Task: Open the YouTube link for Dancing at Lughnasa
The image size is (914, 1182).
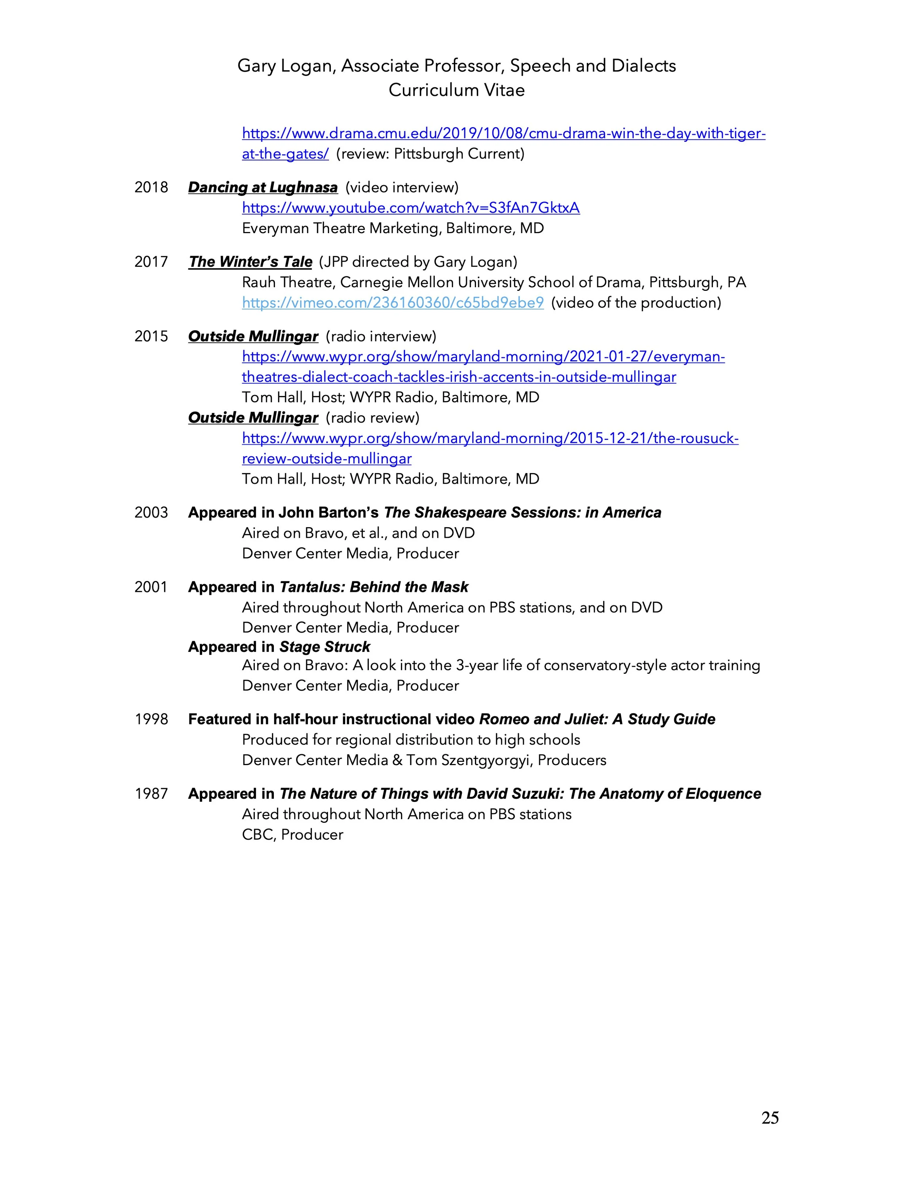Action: tap(411, 208)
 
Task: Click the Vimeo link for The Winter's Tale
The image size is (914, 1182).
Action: tap(393, 303)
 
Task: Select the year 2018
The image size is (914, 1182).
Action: tap(151, 187)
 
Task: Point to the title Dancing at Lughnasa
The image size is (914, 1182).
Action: tap(263, 187)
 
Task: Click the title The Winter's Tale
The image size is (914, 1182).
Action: tap(250, 262)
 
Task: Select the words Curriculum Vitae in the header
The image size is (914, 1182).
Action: tap(457, 90)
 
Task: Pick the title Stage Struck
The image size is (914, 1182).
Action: tap(324, 647)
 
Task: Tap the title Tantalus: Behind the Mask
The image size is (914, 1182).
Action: tap(374, 587)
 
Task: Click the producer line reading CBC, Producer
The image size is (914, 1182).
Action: tap(292, 835)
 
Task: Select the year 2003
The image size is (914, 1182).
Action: tap(151, 513)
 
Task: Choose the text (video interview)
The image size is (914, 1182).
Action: tap(402, 187)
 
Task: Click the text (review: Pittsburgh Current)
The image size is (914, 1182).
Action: tap(430, 154)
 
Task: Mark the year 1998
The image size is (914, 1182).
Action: tap(151, 719)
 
